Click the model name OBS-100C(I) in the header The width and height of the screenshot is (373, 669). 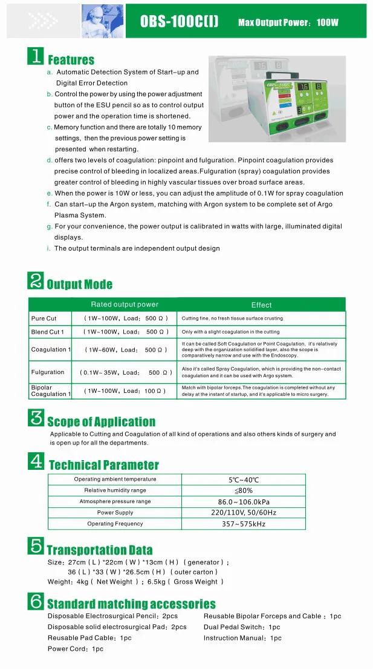(x=179, y=22)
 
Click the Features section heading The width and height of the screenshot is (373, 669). (x=71, y=60)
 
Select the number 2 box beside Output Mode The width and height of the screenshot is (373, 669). (x=36, y=281)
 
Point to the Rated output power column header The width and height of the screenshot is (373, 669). (x=125, y=305)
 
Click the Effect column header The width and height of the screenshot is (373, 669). (x=261, y=305)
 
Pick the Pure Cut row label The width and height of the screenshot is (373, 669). (x=44, y=318)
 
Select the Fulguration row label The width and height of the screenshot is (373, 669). (x=47, y=372)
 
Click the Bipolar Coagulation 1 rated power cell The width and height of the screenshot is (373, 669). (x=125, y=391)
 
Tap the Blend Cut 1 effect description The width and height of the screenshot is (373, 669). (x=230, y=332)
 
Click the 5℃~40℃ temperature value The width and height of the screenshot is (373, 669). (x=244, y=480)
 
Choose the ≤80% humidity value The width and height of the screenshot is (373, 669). (x=244, y=490)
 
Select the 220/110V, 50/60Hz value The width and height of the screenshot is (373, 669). (x=244, y=513)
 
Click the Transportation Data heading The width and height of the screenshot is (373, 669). (x=100, y=550)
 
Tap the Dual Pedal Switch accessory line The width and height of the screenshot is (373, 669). (x=242, y=627)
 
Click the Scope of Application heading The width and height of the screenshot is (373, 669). (x=101, y=422)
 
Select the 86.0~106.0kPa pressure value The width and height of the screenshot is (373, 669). (x=244, y=502)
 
